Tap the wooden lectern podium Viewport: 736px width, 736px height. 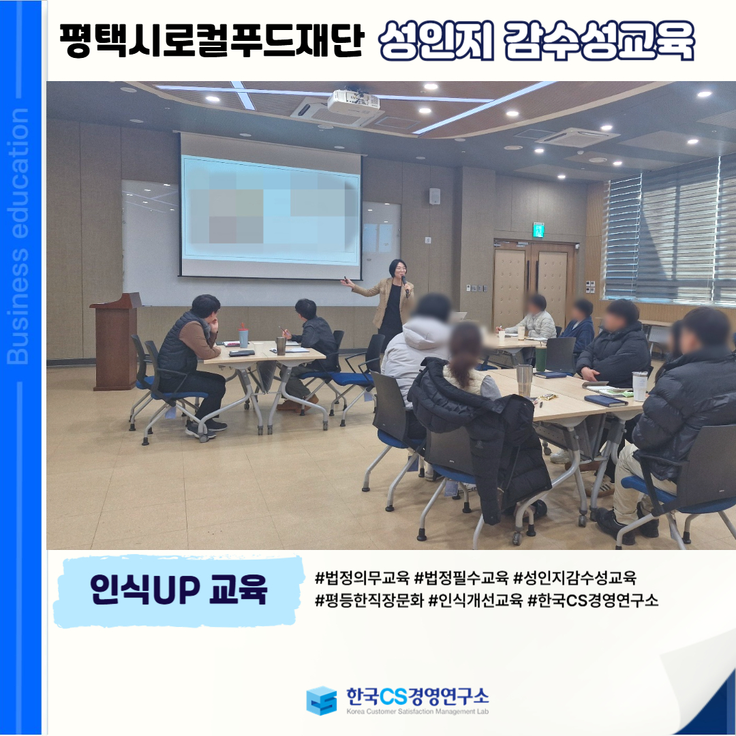(x=115, y=341)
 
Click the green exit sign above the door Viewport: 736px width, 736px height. (x=538, y=230)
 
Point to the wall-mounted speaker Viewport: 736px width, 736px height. (x=435, y=196)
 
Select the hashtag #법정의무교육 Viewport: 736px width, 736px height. (x=363, y=578)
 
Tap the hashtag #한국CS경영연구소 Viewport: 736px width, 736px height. (x=593, y=600)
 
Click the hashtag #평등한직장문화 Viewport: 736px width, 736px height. (x=369, y=600)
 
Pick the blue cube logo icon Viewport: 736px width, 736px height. (x=322, y=701)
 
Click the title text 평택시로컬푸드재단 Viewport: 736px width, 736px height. (x=212, y=41)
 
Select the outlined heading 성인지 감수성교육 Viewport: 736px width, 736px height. (x=536, y=41)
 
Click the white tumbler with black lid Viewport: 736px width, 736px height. (x=639, y=386)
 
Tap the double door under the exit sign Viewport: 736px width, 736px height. (x=535, y=283)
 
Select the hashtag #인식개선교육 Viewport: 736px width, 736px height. (x=476, y=600)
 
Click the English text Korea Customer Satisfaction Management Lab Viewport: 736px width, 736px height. (x=417, y=711)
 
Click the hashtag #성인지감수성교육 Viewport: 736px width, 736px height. (x=575, y=578)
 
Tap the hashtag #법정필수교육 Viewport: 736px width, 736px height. (x=462, y=578)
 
